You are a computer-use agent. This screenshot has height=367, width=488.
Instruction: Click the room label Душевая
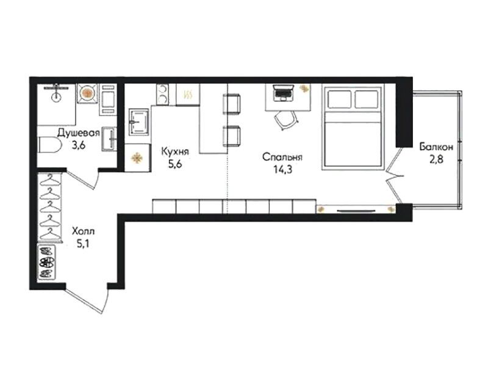coord(79,133)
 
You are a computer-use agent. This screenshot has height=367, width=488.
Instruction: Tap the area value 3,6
coord(79,145)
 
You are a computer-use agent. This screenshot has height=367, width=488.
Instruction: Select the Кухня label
coord(175,151)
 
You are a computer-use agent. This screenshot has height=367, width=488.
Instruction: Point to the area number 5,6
coord(175,164)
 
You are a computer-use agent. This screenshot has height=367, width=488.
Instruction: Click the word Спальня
coord(282,157)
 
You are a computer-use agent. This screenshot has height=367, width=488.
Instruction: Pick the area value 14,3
coord(283,170)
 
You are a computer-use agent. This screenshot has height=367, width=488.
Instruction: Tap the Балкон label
coord(436,147)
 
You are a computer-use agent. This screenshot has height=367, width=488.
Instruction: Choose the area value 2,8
coord(436,159)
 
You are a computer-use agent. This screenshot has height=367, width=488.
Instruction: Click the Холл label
coord(83,231)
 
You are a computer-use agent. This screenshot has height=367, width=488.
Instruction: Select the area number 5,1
coord(83,244)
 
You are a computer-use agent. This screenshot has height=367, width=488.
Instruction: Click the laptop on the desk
coord(283,93)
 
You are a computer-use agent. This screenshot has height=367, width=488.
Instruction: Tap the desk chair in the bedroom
coord(286,120)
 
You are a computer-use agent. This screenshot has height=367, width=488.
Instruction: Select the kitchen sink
coord(139,122)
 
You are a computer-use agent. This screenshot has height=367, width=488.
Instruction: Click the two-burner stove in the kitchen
coord(162,95)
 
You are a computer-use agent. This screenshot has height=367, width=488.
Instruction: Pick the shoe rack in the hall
coord(47,262)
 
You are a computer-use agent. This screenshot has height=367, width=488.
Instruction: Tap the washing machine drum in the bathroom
coord(87,93)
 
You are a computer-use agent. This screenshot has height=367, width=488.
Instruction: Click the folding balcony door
coord(393,176)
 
